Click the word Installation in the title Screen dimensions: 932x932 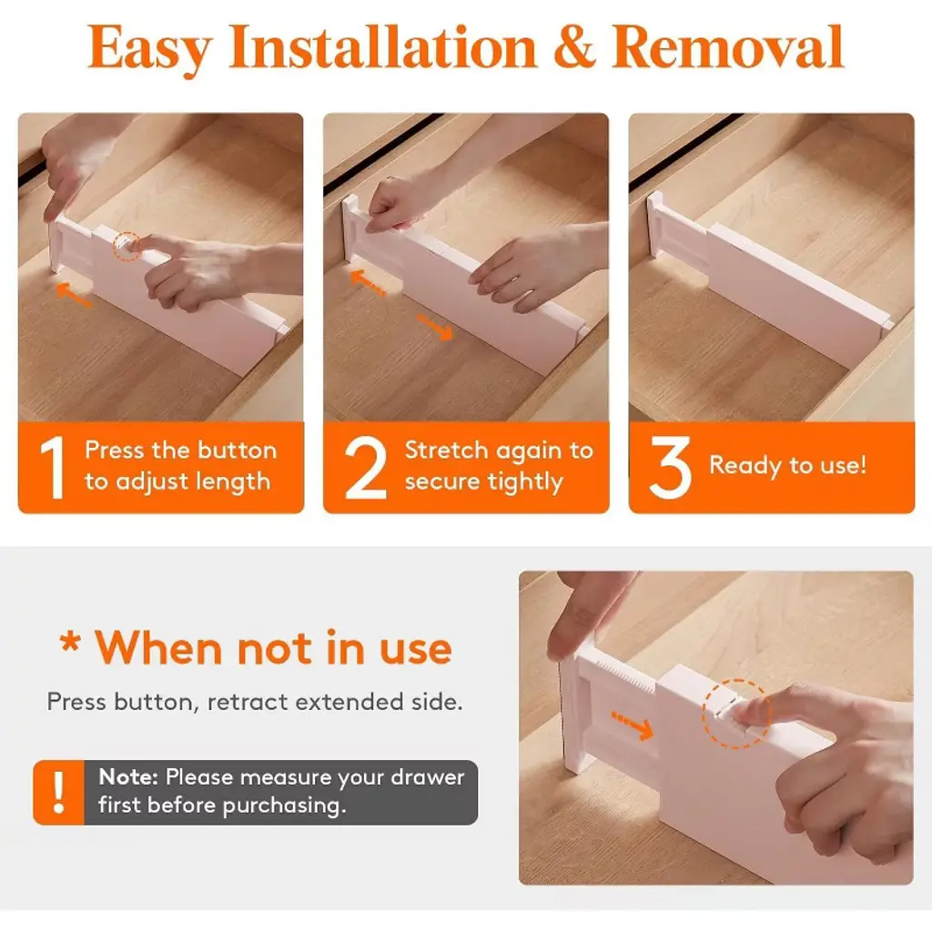pos(383,47)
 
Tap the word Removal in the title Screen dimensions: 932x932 pos(727,47)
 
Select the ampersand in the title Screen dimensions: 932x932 pos(574,47)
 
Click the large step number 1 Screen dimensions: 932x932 pos(53,467)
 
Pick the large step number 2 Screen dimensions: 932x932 pos(365,468)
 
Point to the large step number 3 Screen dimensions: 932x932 pos(671,467)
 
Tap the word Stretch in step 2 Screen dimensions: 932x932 pos(446,450)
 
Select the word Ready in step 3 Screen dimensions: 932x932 pos(745,465)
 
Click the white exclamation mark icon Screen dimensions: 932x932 pos(58,793)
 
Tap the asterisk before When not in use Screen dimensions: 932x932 pos(70,642)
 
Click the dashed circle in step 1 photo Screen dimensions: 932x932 pos(127,246)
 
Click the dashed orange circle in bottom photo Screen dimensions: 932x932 pos(736,714)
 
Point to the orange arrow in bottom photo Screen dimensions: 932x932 pos(633,725)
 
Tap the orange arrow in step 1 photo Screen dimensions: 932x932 pos(74,295)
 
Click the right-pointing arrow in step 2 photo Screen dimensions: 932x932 pos(435,328)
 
